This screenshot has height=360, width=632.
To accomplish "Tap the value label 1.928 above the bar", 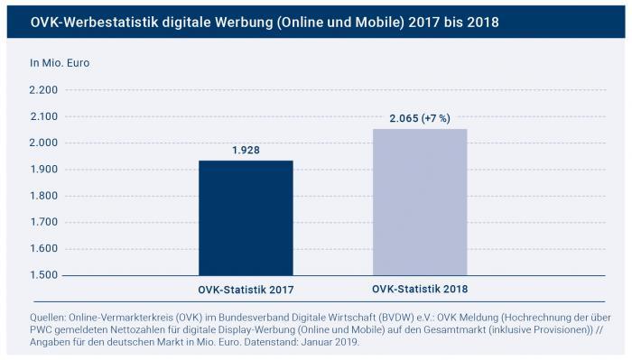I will [245, 150].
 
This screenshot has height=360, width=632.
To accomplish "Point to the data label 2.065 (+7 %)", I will [420, 118].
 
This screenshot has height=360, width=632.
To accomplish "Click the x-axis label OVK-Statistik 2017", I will [246, 290].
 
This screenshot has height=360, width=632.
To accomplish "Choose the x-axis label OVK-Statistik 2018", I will [420, 289].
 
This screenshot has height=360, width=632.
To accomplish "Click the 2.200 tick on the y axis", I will [43, 90].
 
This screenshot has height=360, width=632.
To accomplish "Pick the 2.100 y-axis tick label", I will [43, 116].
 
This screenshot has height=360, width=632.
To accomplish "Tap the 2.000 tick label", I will [43, 143].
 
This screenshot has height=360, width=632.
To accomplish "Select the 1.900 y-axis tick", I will [43, 170].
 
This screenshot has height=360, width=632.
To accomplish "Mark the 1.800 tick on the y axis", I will [43, 196].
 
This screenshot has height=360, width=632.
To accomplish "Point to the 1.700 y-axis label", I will [43, 222].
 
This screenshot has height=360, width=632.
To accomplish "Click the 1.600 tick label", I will [43, 248].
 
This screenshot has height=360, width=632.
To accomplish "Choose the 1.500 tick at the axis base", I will [43, 274].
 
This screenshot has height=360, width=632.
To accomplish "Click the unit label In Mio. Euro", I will [60, 63].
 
